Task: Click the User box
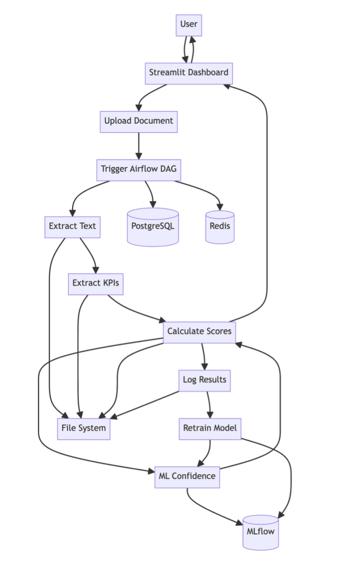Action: click(x=189, y=24)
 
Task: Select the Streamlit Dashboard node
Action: click(x=189, y=73)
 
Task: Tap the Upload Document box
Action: click(x=139, y=121)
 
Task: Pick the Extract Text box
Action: click(x=72, y=226)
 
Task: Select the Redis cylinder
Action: click(x=220, y=227)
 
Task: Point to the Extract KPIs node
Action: click(x=95, y=283)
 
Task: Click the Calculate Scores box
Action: click(x=199, y=331)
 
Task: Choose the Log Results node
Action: click(x=205, y=380)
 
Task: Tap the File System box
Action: click(x=83, y=428)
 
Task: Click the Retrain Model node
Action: click(x=210, y=428)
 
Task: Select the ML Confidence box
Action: click(x=187, y=476)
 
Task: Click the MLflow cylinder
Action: click(x=261, y=532)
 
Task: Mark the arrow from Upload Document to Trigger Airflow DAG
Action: click(x=139, y=146)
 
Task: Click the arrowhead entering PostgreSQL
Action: click(x=153, y=204)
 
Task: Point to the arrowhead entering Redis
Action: click(x=220, y=207)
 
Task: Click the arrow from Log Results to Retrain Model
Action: click(x=208, y=404)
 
